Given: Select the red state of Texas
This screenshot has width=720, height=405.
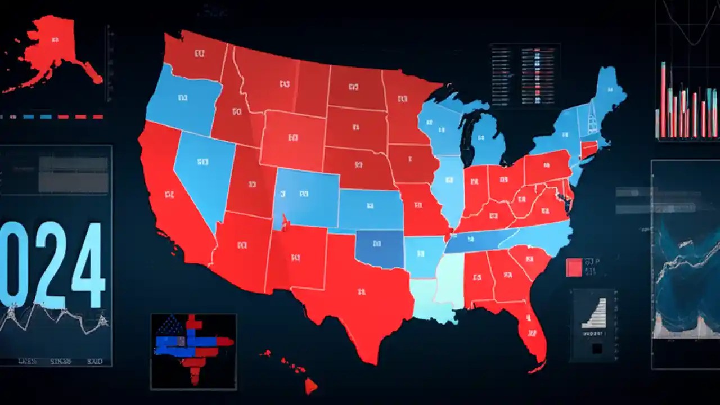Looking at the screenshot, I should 360,292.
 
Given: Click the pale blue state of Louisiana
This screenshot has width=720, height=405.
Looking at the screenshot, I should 430,301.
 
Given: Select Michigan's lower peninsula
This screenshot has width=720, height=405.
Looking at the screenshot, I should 487,141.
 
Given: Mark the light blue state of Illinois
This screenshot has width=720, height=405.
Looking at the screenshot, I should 450,186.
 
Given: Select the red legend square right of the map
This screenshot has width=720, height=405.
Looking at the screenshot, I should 574,267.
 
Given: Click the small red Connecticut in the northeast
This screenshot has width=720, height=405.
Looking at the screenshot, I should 588,149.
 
